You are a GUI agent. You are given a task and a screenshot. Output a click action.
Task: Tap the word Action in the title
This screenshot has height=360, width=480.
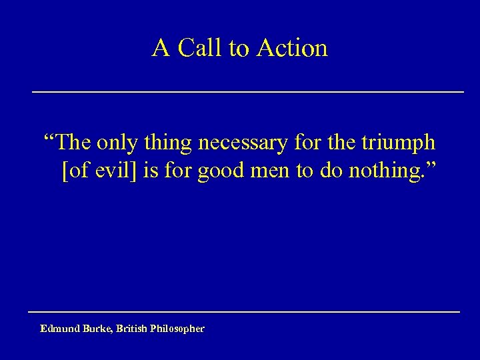(292, 48)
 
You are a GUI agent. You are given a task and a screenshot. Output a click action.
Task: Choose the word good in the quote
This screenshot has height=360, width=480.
(216, 170)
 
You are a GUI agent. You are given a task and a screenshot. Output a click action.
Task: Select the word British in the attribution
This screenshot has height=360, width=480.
(137, 329)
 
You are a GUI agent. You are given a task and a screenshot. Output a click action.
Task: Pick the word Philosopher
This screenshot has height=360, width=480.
(179, 329)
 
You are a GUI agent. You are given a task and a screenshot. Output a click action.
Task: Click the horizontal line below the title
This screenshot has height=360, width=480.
(248, 91)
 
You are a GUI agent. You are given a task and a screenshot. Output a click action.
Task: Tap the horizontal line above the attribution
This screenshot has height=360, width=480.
(244, 311)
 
